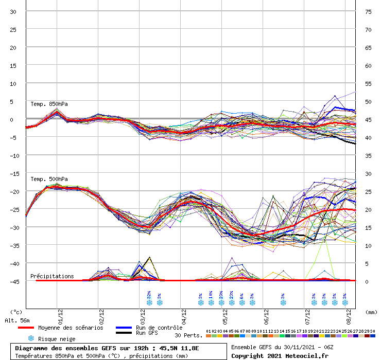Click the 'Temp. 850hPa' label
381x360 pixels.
click(49, 104)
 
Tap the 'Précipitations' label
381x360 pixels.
click(52, 276)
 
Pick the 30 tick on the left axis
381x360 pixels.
click(13, 11)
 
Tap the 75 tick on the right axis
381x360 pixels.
click(368, 11)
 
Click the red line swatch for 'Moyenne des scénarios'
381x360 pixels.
click(32, 328)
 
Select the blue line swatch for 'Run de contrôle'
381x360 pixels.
click(124, 328)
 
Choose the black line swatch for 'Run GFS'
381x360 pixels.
click(124, 333)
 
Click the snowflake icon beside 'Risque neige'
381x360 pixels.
click(31, 338)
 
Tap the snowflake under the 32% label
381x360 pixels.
click(149, 303)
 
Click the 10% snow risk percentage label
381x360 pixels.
click(211, 294)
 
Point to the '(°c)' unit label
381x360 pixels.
click(16, 312)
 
